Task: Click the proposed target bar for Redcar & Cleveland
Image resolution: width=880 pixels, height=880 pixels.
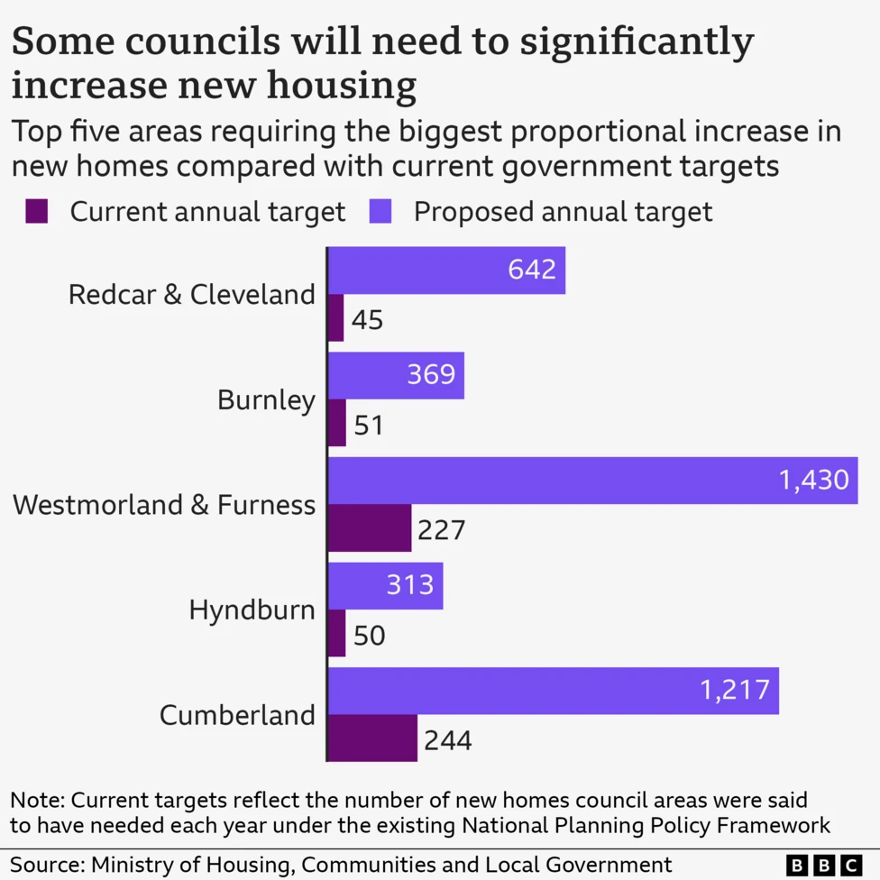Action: point(445,270)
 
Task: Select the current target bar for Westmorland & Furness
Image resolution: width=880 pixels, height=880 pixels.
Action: point(369,528)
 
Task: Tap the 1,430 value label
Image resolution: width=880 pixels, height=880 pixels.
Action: point(814,481)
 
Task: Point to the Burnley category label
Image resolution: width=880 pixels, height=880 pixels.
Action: point(266,399)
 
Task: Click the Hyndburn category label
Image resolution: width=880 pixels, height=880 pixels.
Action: point(252,610)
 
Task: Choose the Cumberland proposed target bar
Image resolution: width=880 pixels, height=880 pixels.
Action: point(552,692)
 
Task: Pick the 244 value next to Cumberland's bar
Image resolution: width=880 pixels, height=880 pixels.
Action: point(446,740)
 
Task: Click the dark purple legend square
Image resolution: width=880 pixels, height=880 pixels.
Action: point(36,212)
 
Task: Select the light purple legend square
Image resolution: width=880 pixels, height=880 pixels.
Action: point(380,212)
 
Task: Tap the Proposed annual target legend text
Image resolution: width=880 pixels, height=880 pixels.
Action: point(563,212)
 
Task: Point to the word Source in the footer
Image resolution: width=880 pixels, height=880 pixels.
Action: point(41,864)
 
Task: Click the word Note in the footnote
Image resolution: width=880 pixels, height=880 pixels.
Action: point(36,800)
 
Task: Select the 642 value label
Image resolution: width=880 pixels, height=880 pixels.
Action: point(532,270)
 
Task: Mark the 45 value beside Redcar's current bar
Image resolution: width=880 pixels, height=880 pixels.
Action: point(367,319)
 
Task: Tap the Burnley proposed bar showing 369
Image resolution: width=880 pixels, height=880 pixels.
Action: point(395,375)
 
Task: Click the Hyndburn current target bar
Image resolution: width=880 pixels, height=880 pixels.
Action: point(335,634)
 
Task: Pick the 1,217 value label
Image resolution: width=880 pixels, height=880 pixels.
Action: point(735,691)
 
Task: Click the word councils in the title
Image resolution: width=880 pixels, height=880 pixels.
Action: point(205,43)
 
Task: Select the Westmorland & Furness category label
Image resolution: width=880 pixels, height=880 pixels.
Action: point(164,505)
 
